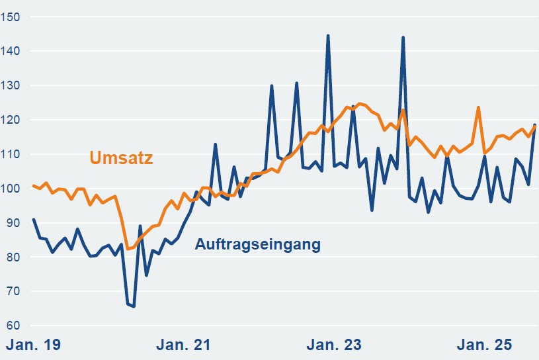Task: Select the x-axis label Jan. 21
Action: coord(183,345)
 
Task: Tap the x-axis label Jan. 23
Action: coord(334,345)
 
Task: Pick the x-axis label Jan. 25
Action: coord(485,345)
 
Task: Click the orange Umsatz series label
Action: coord(121,158)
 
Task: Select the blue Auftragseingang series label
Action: coord(257,244)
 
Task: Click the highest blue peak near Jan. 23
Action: coord(328,36)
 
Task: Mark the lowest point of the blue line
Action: coord(134,306)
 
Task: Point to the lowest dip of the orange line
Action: coord(128,249)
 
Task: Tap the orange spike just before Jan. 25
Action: coord(478,107)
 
